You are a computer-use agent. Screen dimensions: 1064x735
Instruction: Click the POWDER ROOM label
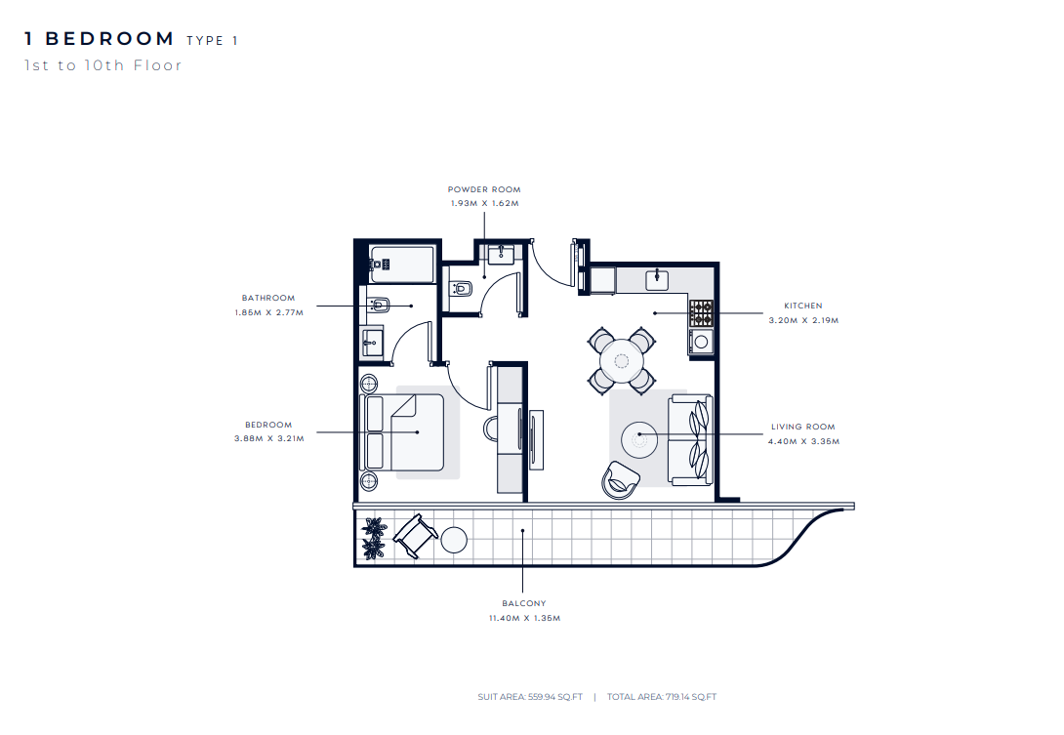(484, 189)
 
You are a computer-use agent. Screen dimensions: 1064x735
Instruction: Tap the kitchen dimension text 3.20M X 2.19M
(803, 320)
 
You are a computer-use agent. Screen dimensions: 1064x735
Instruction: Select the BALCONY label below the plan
(524, 603)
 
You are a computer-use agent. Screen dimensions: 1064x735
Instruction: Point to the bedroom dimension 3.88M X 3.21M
(269, 438)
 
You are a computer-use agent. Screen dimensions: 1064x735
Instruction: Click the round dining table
(622, 361)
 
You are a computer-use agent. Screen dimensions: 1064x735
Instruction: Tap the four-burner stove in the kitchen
(702, 313)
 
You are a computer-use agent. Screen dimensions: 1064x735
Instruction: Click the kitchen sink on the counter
(657, 279)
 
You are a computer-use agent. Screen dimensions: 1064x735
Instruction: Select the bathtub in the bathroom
(401, 264)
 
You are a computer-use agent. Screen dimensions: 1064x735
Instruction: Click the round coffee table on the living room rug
(639, 440)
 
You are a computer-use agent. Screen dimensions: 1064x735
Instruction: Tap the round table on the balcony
(454, 540)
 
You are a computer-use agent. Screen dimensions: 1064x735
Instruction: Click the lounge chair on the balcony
(415, 536)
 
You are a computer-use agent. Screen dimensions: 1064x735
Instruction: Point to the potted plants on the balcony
(373, 538)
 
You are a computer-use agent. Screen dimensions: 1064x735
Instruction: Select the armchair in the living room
(620, 480)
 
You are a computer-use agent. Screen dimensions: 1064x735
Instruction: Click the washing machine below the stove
(701, 342)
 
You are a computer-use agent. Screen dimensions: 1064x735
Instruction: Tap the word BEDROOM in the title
(110, 39)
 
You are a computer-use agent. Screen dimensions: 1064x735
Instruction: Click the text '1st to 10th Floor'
(103, 65)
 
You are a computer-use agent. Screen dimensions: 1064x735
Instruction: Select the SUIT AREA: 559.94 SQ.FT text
(530, 696)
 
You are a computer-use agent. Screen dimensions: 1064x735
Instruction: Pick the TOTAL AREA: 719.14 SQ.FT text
(662, 696)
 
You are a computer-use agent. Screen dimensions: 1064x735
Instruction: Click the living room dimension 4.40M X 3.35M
(803, 441)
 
